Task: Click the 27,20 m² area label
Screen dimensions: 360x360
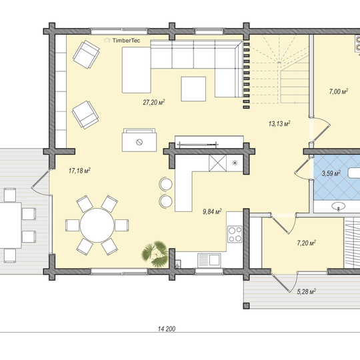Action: pos(154,102)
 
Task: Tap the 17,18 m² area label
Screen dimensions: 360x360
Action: pos(79,171)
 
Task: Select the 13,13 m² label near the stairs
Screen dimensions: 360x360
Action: pos(279,123)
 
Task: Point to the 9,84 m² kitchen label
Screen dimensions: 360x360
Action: pos(212,211)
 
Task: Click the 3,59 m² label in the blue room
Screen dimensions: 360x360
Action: pos(331,173)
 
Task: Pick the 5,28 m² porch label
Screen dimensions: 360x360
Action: pos(306,291)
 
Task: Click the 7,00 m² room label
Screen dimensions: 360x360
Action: pos(339,91)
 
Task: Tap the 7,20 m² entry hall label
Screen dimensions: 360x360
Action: pos(306,243)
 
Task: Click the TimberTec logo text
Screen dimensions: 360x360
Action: pos(126,41)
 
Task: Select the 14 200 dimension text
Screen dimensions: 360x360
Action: pos(167,329)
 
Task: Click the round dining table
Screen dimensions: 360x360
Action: pos(97,225)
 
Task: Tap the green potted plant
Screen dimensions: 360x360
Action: pos(155,254)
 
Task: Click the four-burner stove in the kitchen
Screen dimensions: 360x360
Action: pos(235,234)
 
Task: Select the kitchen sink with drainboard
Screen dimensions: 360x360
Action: pos(209,260)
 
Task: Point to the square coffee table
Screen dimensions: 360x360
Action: pos(193,89)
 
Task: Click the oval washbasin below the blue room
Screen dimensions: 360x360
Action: pos(338,206)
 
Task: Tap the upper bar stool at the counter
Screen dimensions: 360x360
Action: pos(166,184)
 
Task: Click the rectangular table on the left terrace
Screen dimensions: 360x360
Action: pos(9,225)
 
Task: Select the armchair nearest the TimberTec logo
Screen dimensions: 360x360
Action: pos(86,54)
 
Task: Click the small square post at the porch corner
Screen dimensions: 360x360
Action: pos(246,305)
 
